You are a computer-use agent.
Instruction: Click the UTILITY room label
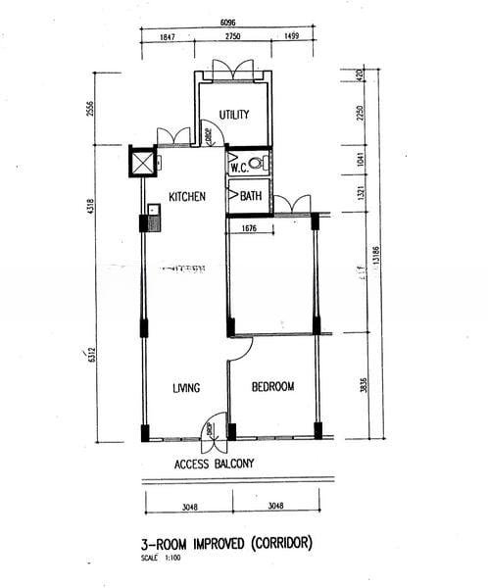[233, 115]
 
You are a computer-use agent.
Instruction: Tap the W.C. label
[239, 168]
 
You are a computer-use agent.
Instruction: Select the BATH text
[251, 196]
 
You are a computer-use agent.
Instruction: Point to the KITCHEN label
[187, 197]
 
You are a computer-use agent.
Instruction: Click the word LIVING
[186, 388]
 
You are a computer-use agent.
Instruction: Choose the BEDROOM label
[272, 387]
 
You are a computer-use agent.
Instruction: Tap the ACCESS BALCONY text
[214, 464]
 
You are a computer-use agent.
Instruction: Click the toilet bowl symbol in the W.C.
[257, 165]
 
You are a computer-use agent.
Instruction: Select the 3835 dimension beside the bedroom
[363, 387]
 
